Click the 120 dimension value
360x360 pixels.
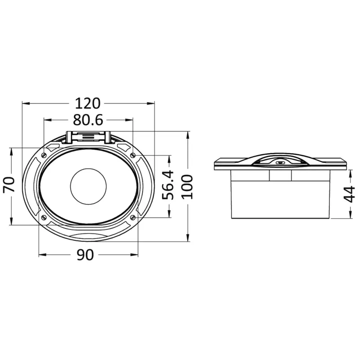(88, 103)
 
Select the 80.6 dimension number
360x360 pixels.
(88, 120)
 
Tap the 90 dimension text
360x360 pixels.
(85, 255)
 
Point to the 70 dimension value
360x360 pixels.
(9, 184)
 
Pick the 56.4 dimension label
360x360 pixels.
(168, 185)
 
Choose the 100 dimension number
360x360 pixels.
(187, 187)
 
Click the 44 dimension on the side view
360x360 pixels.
(349, 194)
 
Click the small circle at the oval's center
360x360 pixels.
(88, 186)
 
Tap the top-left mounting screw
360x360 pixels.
(44, 155)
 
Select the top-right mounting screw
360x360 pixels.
(133, 155)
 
